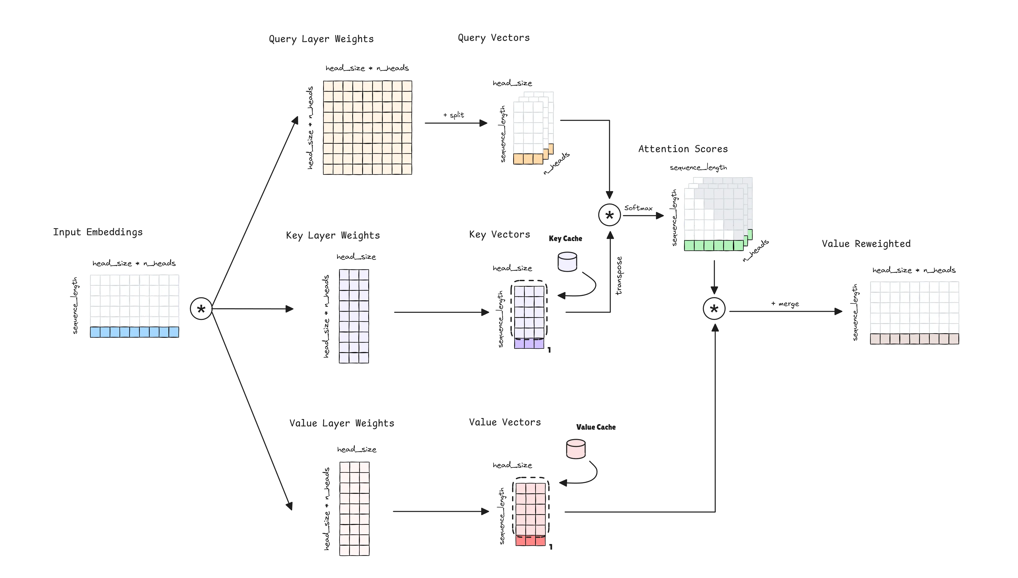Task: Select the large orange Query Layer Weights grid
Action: [x=367, y=128]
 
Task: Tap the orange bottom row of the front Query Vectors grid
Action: [x=528, y=159]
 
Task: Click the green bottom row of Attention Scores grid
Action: [x=713, y=245]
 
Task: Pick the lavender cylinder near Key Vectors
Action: [x=567, y=262]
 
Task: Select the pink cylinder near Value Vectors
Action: [x=576, y=449]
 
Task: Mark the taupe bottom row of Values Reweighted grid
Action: [x=914, y=339]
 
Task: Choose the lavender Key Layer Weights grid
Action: [x=354, y=316]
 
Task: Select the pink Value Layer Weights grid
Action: [x=354, y=509]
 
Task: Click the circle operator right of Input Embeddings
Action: [x=202, y=309]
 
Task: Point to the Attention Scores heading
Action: [x=682, y=149]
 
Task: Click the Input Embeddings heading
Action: [x=98, y=232]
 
